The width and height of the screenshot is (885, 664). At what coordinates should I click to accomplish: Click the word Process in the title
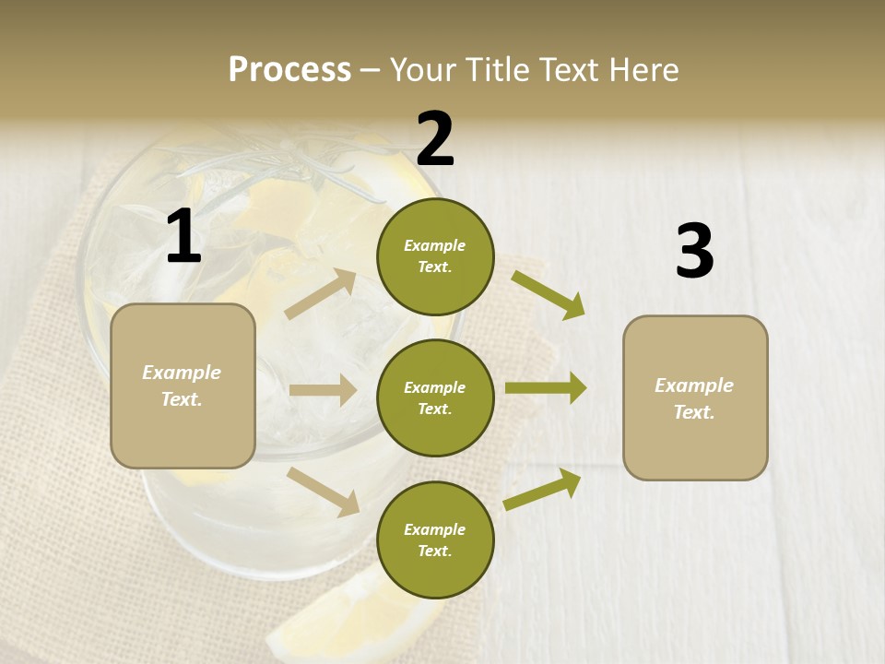tap(289, 69)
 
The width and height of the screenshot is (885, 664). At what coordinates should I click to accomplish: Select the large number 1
tap(183, 237)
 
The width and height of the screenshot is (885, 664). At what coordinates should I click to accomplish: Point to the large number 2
tap(435, 138)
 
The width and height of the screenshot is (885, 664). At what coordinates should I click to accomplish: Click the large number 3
tap(694, 252)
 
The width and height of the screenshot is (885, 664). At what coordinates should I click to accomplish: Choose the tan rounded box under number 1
tap(183, 385)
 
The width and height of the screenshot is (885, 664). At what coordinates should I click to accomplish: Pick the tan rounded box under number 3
tap(695, 397)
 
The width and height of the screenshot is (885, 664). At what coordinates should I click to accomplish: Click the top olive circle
tap(435, 256)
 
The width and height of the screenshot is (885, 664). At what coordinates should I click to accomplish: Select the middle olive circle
tap(435, 397)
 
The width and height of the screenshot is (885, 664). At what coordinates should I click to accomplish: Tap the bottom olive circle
tap(435, 539)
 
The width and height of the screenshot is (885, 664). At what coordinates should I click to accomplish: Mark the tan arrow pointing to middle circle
tap(322, 390)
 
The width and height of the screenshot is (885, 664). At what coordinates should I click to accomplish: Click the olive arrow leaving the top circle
tap(548, 294)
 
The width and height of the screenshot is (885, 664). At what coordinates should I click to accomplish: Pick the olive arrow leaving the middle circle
tap(545, 388)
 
